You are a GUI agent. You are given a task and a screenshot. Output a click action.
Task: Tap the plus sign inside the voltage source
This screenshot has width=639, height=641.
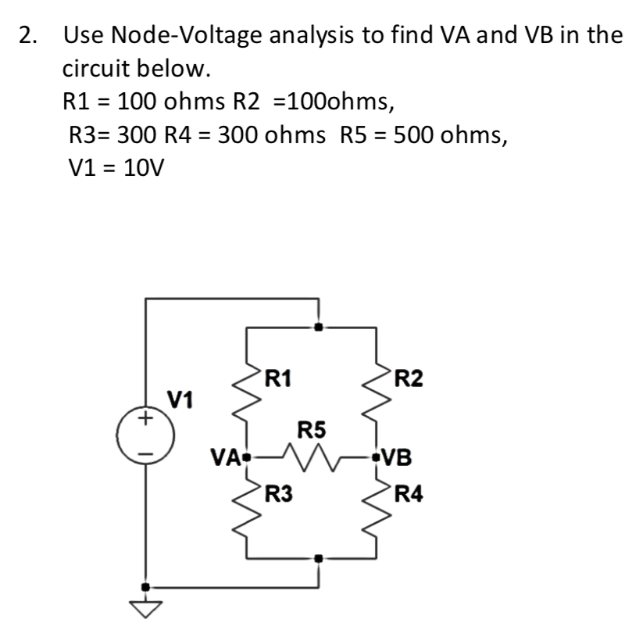pos(144,420)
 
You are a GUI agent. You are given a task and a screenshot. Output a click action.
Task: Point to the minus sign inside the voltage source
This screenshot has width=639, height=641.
pos(144,451)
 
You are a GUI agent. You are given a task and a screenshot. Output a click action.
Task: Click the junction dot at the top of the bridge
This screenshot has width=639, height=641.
pos(317,328)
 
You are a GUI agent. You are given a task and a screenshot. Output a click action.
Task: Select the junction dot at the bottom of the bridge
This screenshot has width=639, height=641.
pos(317,558)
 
